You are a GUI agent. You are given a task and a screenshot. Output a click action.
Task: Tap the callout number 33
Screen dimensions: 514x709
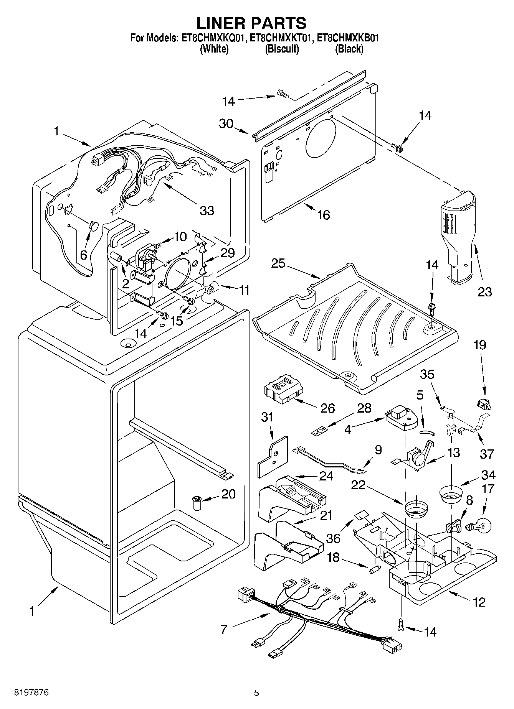coord(207,211)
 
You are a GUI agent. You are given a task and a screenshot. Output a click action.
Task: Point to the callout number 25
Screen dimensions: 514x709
coord(278,264)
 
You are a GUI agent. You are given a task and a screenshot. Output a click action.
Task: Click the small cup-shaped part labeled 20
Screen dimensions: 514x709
coord(197,503)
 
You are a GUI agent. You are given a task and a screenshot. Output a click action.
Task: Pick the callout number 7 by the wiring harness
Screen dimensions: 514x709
coord(224,629)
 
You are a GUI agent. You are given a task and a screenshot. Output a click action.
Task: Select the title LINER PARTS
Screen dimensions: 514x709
coord(251,23)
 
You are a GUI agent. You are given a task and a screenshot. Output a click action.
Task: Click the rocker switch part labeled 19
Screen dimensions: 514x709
coord(484,403)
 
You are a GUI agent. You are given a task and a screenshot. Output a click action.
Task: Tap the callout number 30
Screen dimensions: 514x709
coord(226,123)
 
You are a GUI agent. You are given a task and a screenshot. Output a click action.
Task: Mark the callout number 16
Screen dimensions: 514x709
coord(324,215)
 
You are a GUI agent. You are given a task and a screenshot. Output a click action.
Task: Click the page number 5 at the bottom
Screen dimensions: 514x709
coord(256,693)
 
